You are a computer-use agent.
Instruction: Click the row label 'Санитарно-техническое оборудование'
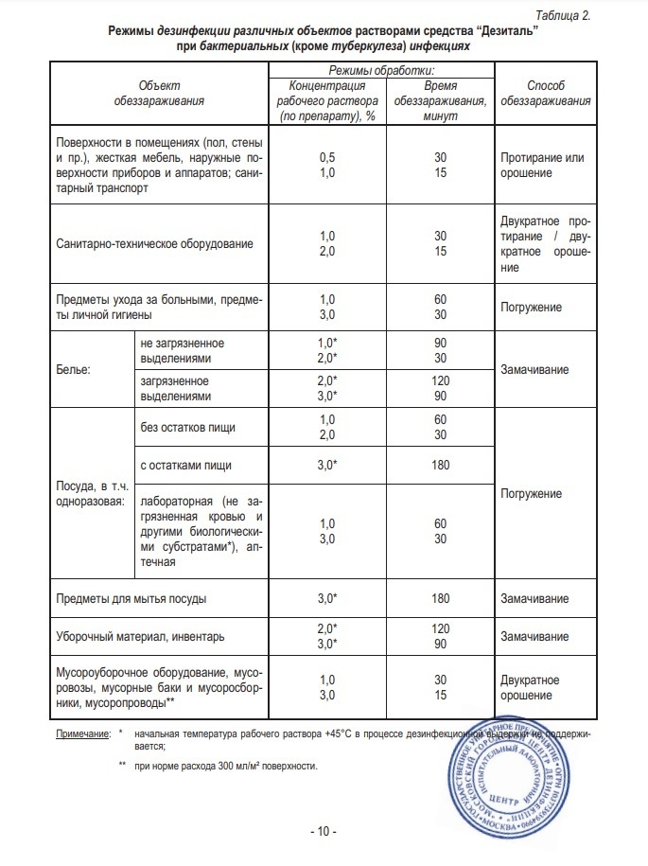155,243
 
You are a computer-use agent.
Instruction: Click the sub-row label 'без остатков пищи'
185,426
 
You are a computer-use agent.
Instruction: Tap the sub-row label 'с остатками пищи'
185,466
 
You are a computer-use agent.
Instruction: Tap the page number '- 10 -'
323,832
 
